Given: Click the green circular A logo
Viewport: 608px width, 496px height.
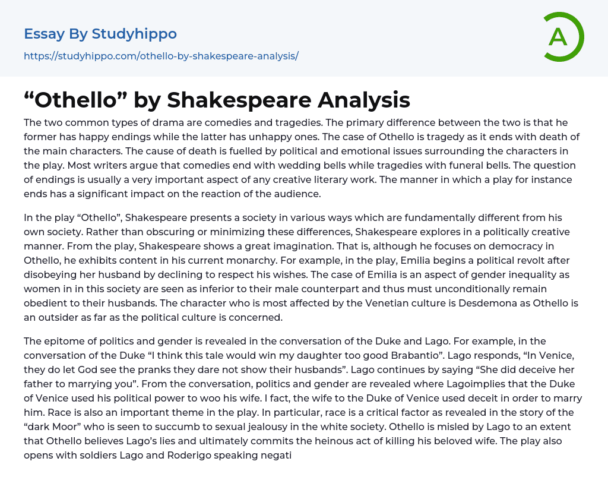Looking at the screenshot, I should click(x=563, y=37).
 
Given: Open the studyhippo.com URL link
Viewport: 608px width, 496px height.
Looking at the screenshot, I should click(x=161, y=56).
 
